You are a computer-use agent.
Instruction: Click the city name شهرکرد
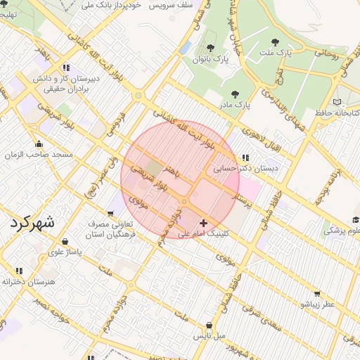click(x=32, y=223)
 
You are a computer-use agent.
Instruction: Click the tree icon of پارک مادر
click(x=235, y=94)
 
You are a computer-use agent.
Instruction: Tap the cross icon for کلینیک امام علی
click(x=204, y=223)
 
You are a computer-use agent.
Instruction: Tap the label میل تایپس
click(x=210, y=335)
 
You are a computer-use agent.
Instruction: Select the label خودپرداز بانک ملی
click(x=112, y=5)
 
